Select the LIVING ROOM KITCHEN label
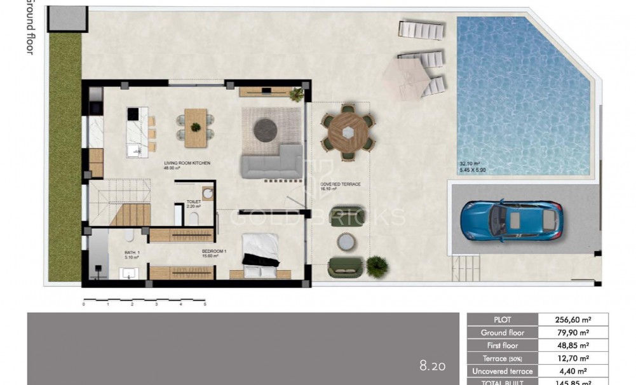click(x=187, y=163)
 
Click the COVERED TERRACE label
click(x=340, y=184)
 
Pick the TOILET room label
click(x=194, y=202)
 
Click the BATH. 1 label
click(x=133, y=253)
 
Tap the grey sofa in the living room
click(x=272, y=163)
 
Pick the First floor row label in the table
click(x=502, y=346)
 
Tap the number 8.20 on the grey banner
click(x=432, y=365)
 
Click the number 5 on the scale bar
click(x=205, y=304)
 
